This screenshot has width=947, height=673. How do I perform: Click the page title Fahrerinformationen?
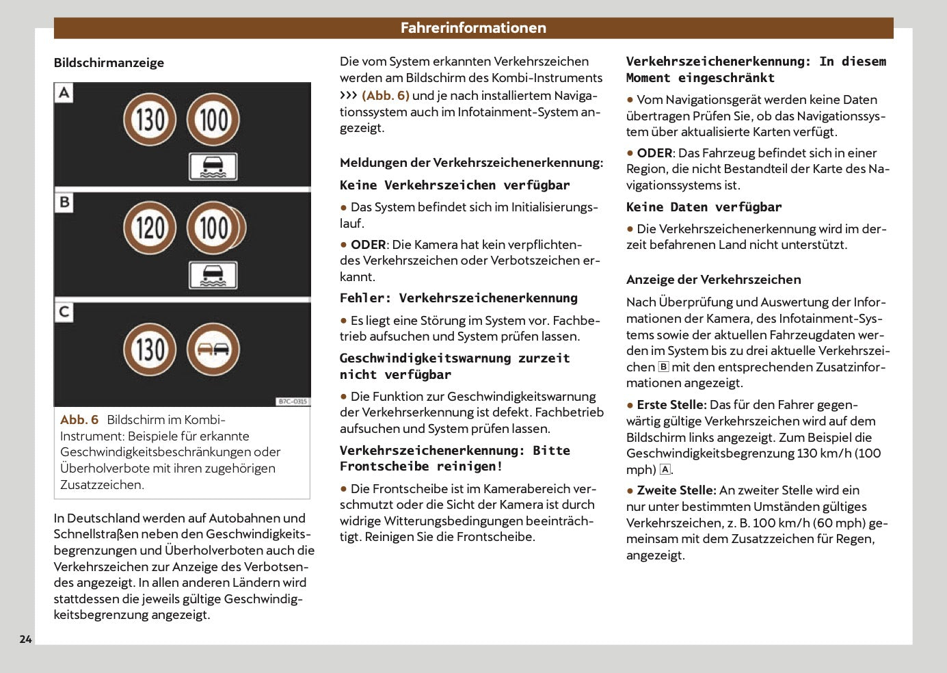tap(473, 28)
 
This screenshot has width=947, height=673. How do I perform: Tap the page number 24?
tap(25, 639)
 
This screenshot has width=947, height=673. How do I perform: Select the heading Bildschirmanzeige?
tap(109, 63)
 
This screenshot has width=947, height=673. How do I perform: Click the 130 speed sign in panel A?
tap(150, 120)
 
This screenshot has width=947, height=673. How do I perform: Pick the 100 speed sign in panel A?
tap(213, 120)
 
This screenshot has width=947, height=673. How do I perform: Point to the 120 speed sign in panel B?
tap(150, 228)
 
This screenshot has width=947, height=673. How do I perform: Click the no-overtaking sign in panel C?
tap(213, 349)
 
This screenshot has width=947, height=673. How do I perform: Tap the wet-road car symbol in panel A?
tap(213, 167)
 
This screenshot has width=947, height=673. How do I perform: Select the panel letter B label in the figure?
tap(64, 202)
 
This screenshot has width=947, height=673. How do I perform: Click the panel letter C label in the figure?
tap(64, 312)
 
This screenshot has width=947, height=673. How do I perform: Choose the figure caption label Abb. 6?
tap(79, 420)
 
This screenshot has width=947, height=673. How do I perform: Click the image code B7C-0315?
tap(293, 401)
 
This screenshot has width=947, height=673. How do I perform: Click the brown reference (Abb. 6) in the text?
tap(386, 95)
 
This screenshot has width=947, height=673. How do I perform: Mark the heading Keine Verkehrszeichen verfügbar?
tap(455, 185)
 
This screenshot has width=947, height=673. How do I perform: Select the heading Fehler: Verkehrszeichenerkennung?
tap(459, 298)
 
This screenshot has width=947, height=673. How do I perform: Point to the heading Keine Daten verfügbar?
tap(704, 207)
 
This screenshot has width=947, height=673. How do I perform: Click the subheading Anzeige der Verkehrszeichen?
tap(714, 280)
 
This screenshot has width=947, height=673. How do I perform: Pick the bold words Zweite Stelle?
tap(676, 490)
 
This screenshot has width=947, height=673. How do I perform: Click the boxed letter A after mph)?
tap(665, 470)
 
